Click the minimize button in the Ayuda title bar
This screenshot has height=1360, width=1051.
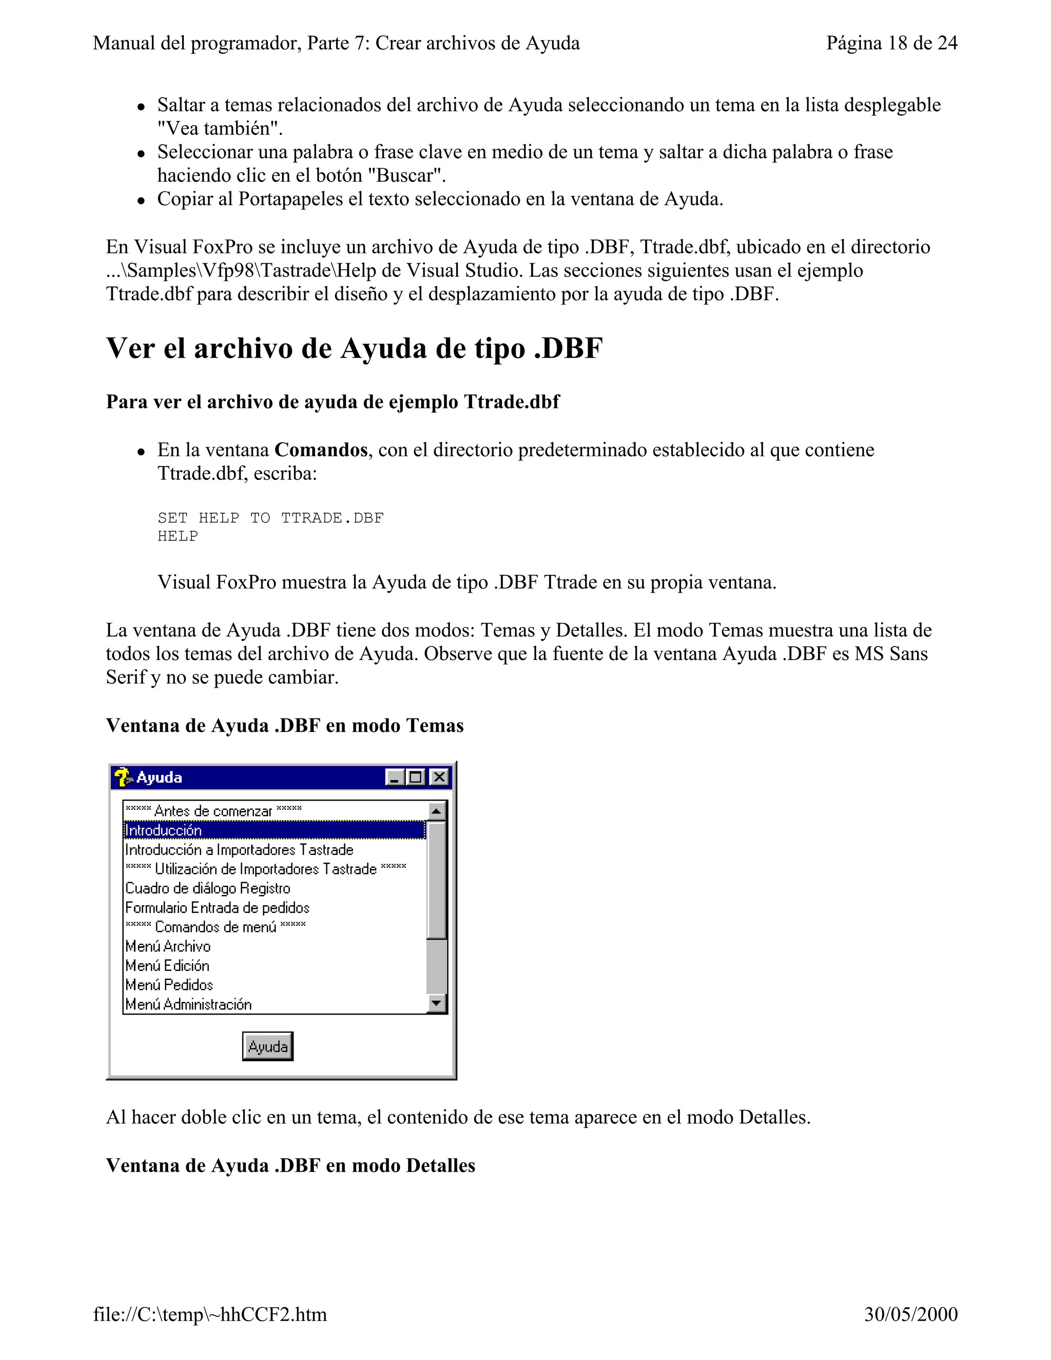tap(394, 777)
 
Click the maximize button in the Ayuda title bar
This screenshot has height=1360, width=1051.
tap(416, 777)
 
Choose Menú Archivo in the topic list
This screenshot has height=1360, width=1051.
tap(168, 946)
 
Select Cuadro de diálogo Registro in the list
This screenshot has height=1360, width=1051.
tap(208, 888)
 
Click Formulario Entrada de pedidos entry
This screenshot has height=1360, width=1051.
tap(217, 907)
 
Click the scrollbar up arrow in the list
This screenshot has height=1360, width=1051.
tap(437, 811)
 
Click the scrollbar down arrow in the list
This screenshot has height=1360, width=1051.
tap(437, 1003)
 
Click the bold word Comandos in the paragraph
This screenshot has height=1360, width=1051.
tap(321, 450)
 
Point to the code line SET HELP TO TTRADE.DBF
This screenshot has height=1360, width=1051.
tap(271, 518)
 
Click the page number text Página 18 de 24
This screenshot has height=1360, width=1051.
tap(891, 43)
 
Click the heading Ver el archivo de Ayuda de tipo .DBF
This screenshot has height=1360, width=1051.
tap(354, 348)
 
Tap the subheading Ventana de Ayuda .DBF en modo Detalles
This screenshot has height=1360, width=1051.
tap(291, 1165)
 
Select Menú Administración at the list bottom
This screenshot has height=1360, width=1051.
tap(189, 1004)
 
